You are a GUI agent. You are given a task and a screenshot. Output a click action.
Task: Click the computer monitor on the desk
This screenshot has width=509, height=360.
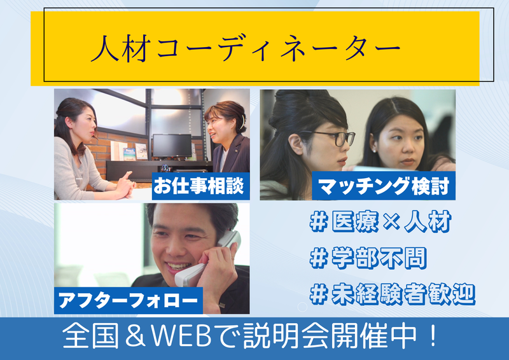171,146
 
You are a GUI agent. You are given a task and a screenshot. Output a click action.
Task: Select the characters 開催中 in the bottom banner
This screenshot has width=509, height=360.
382,337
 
